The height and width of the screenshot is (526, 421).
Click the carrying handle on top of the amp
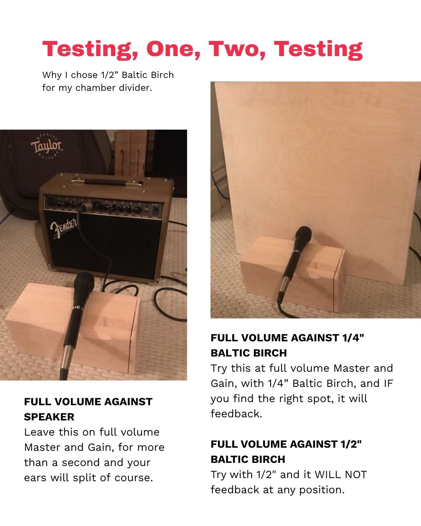point(106,182)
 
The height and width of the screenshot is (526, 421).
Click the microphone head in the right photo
point(303,234)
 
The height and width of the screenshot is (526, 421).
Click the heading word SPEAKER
point(49,417)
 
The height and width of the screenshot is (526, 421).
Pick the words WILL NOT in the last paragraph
point(341,475)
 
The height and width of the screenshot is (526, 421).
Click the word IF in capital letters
point(389,383)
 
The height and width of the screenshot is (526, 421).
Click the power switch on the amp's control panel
point(155,210)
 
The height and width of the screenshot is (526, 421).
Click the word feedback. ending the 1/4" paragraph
point(236,414)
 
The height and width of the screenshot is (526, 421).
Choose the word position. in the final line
point(322,490)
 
